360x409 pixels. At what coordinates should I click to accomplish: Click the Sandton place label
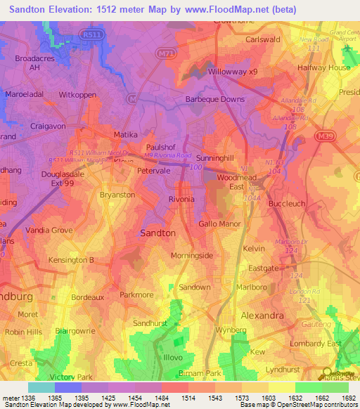(158, 232)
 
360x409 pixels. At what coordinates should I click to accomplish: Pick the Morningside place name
(192, 255)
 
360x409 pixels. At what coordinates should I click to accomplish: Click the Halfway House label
(324, 67)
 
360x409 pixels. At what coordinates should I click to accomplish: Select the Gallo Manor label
(220, 223)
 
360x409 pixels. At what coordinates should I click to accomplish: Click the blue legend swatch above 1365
(68, 387)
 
